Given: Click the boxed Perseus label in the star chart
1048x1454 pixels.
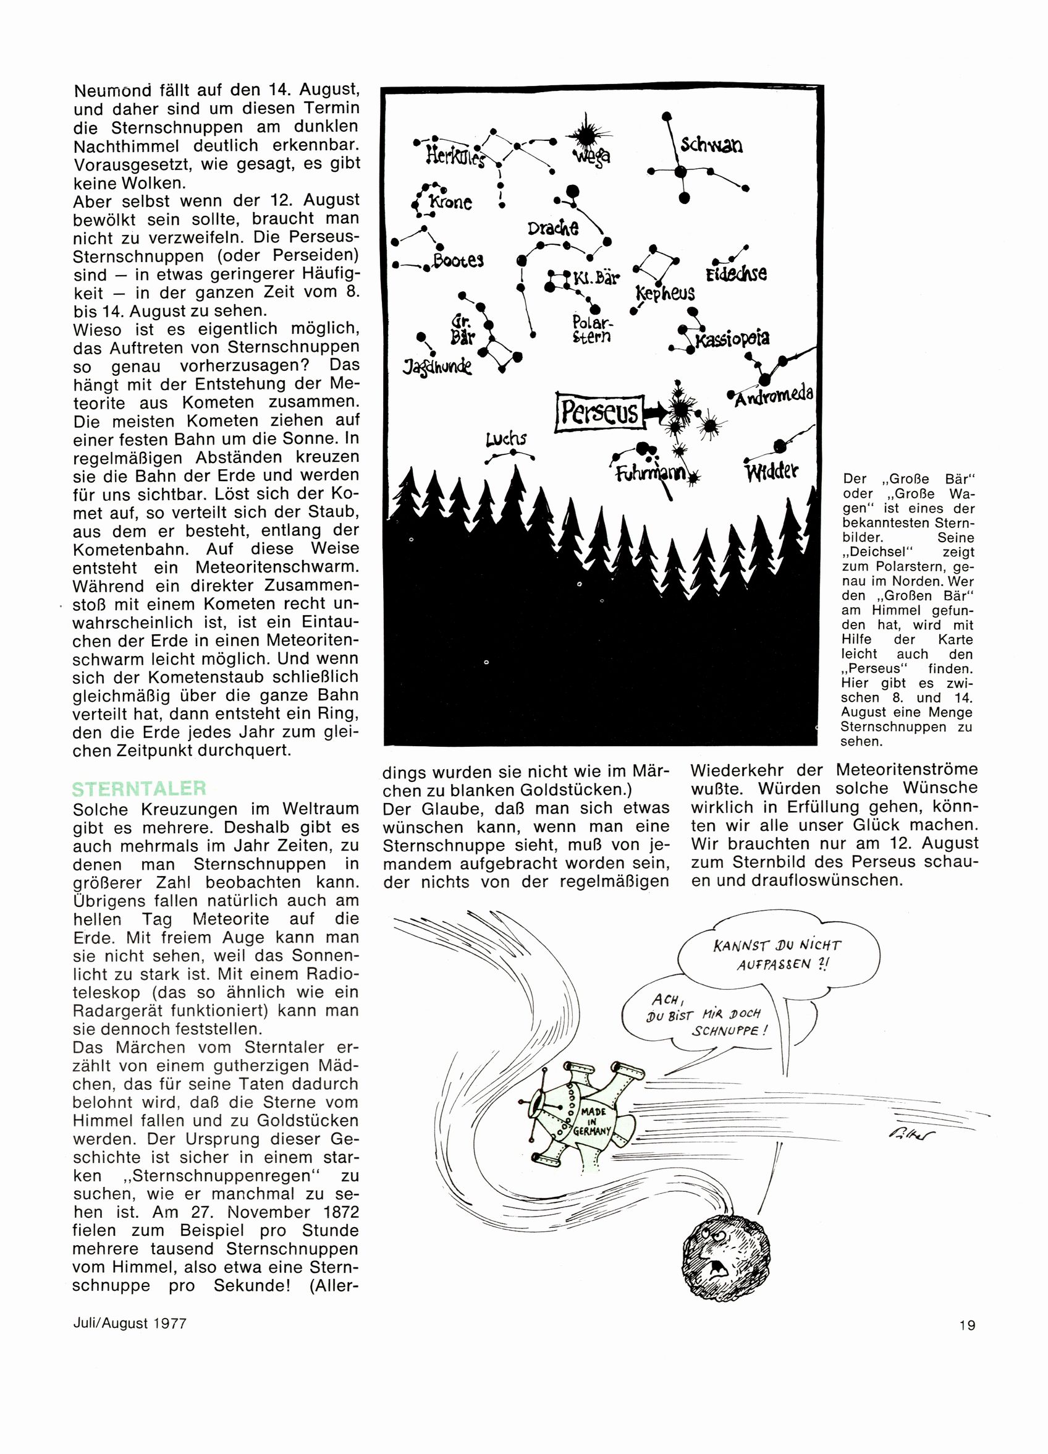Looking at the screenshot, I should click(x=599, y=412).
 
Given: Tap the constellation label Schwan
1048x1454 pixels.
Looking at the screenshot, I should click(x=711, y=145).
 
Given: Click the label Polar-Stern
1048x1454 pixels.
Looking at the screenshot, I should click(x=591, y=329).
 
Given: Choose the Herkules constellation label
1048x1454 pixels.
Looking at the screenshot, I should click(x=455, y=156).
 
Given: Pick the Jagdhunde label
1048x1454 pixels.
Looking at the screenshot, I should click(x=437, y=367).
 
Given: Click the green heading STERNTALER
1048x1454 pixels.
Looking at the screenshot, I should click(x=139, y=788).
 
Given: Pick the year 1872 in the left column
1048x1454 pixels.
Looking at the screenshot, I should click(x=331, y=1212).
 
